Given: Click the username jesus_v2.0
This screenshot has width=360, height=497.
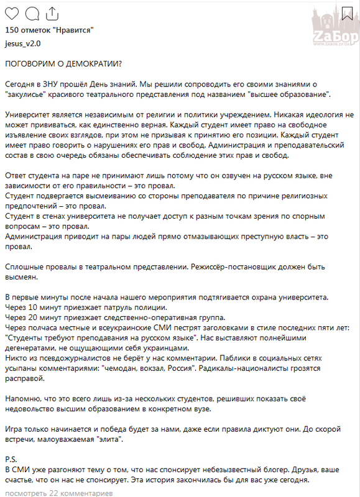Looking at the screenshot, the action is pos(22,44).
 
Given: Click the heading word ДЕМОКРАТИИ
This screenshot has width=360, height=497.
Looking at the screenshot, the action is pos(88,65).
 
